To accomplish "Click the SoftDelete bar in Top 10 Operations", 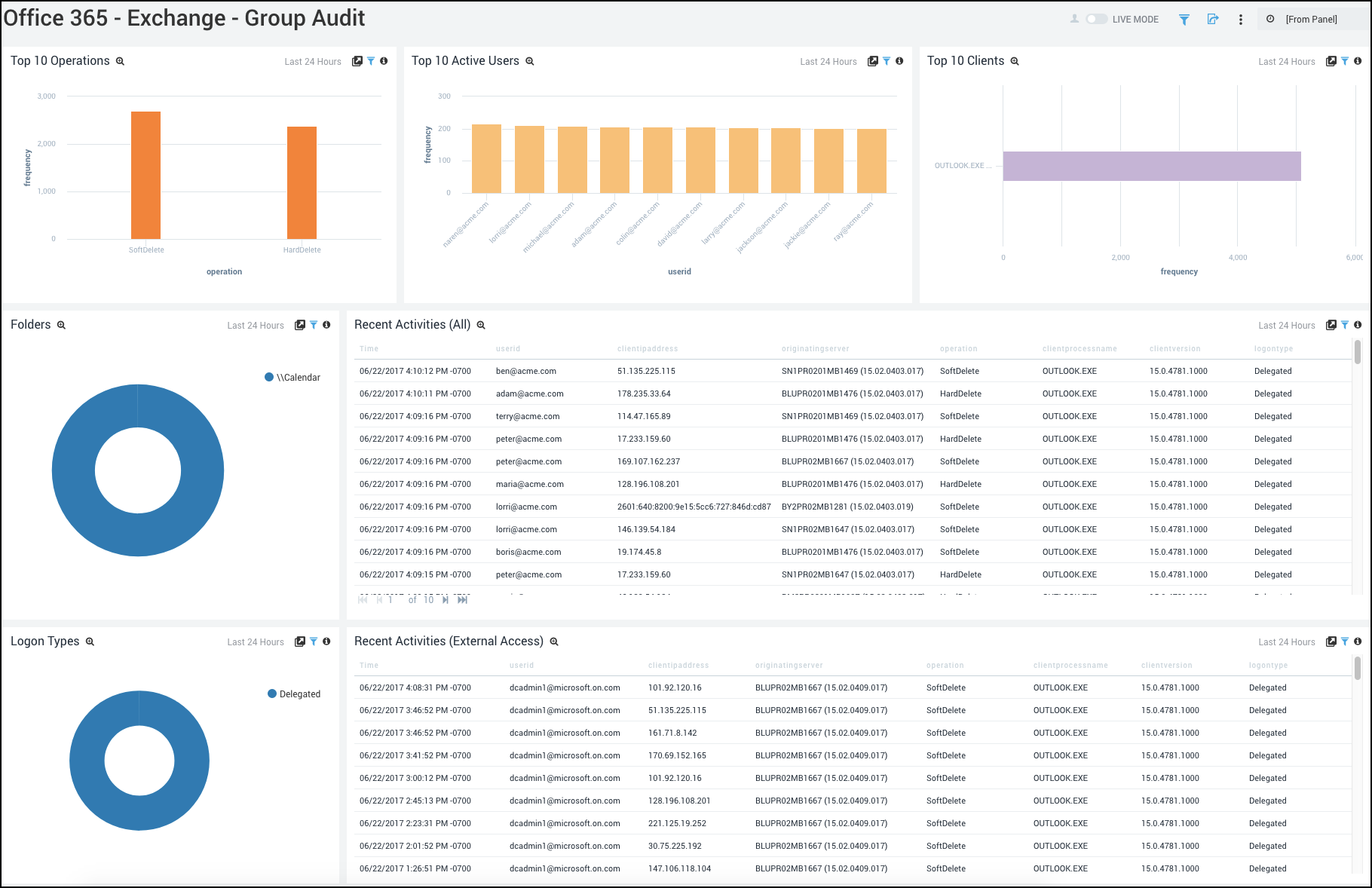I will pos(145,175).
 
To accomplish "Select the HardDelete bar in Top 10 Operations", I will pos(302,182).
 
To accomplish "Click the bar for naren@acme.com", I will pos(486,158).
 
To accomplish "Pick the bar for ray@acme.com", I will pos(871,161).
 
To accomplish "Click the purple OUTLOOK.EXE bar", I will pos(1151,166).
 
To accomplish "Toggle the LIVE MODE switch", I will pos(1096,19).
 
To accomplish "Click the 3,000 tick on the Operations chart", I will pos(47,96).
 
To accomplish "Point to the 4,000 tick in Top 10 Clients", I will pos(1237,258).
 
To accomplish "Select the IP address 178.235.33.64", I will pos(644,394).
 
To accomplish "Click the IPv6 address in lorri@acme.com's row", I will pos(694,507).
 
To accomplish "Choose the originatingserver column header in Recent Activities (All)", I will pos(815,349).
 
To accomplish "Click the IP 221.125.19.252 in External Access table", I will pos(677,824).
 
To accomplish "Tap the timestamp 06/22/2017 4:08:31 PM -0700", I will pos(415,688).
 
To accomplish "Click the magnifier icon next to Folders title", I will pos(62,325).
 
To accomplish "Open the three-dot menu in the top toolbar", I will pos(1240,20).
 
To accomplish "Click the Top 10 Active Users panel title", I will pos(465,61).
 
